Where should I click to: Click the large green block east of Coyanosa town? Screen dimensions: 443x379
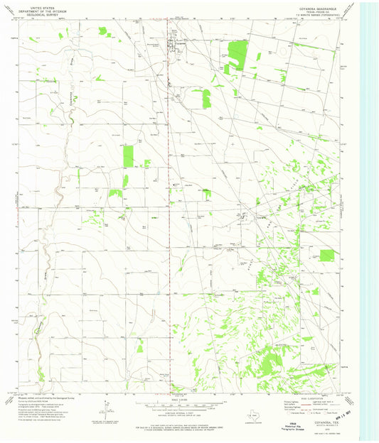coord(237,56)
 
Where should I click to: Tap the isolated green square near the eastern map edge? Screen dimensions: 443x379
coord(327,254)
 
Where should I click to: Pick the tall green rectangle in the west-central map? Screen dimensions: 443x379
coord(129,156)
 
